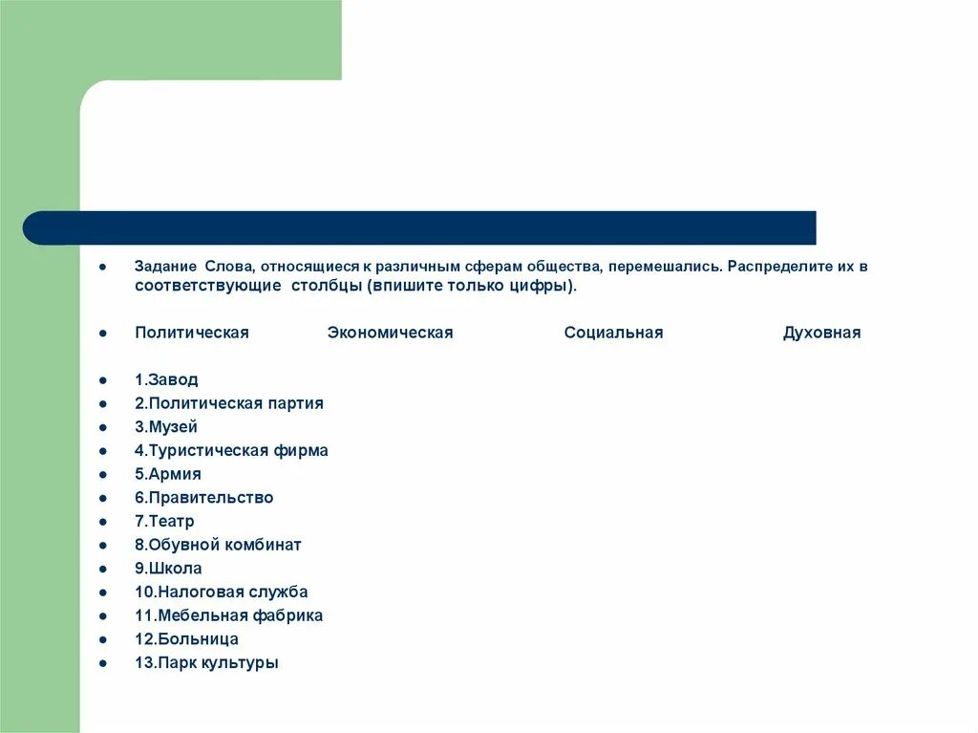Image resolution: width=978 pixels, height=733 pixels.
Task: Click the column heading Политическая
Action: [x=191, y=333]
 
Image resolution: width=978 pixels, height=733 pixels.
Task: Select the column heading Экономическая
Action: [x=390, y=333]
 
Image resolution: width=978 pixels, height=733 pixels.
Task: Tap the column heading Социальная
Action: [x=613, y=333]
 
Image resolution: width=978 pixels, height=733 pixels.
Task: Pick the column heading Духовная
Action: [x=821, y=333]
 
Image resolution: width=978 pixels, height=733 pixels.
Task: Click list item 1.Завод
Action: [x=166, y=379]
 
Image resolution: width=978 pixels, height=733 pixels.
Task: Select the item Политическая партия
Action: [x=229, y=403]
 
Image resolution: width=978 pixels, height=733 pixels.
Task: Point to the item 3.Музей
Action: [x=166, y=427]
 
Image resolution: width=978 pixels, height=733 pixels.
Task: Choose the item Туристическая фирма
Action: [x=231, y=450]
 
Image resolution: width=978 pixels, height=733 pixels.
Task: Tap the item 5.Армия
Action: [x=168, y=474]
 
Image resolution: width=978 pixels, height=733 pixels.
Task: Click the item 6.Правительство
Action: [x=203, y=498]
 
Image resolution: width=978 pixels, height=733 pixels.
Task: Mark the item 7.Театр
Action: [x=164, y=521]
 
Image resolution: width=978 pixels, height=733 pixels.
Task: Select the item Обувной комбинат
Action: [x=218, y=545]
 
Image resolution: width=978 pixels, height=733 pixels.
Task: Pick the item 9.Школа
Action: [x=168, y=569]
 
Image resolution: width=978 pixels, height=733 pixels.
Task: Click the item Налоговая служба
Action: [x=222, y=592]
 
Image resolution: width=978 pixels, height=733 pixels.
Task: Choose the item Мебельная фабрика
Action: [x=228, y=615]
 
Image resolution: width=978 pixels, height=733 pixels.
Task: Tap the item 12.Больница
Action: [x=186, y=639]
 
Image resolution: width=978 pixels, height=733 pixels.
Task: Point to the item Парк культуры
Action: [x=206, y=662]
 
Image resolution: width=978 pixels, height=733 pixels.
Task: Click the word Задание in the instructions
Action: [x=164, y=267]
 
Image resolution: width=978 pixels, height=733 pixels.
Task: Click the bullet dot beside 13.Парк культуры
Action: [x=101, y=662]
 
